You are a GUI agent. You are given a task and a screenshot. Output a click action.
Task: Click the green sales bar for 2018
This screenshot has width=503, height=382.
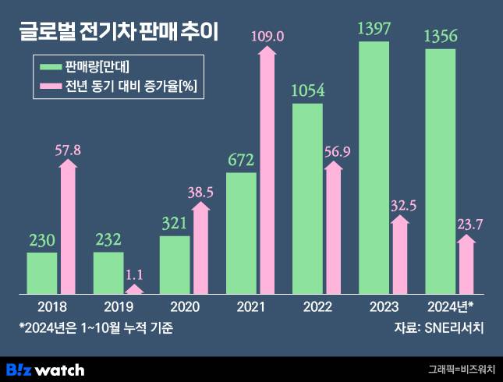point(42,273)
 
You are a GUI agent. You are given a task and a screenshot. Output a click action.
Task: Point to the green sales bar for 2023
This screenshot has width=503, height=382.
point(373,168)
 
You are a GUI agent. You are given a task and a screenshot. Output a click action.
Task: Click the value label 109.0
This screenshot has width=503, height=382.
point(267,36)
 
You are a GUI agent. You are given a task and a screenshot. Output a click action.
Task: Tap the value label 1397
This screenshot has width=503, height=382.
point(373,30)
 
